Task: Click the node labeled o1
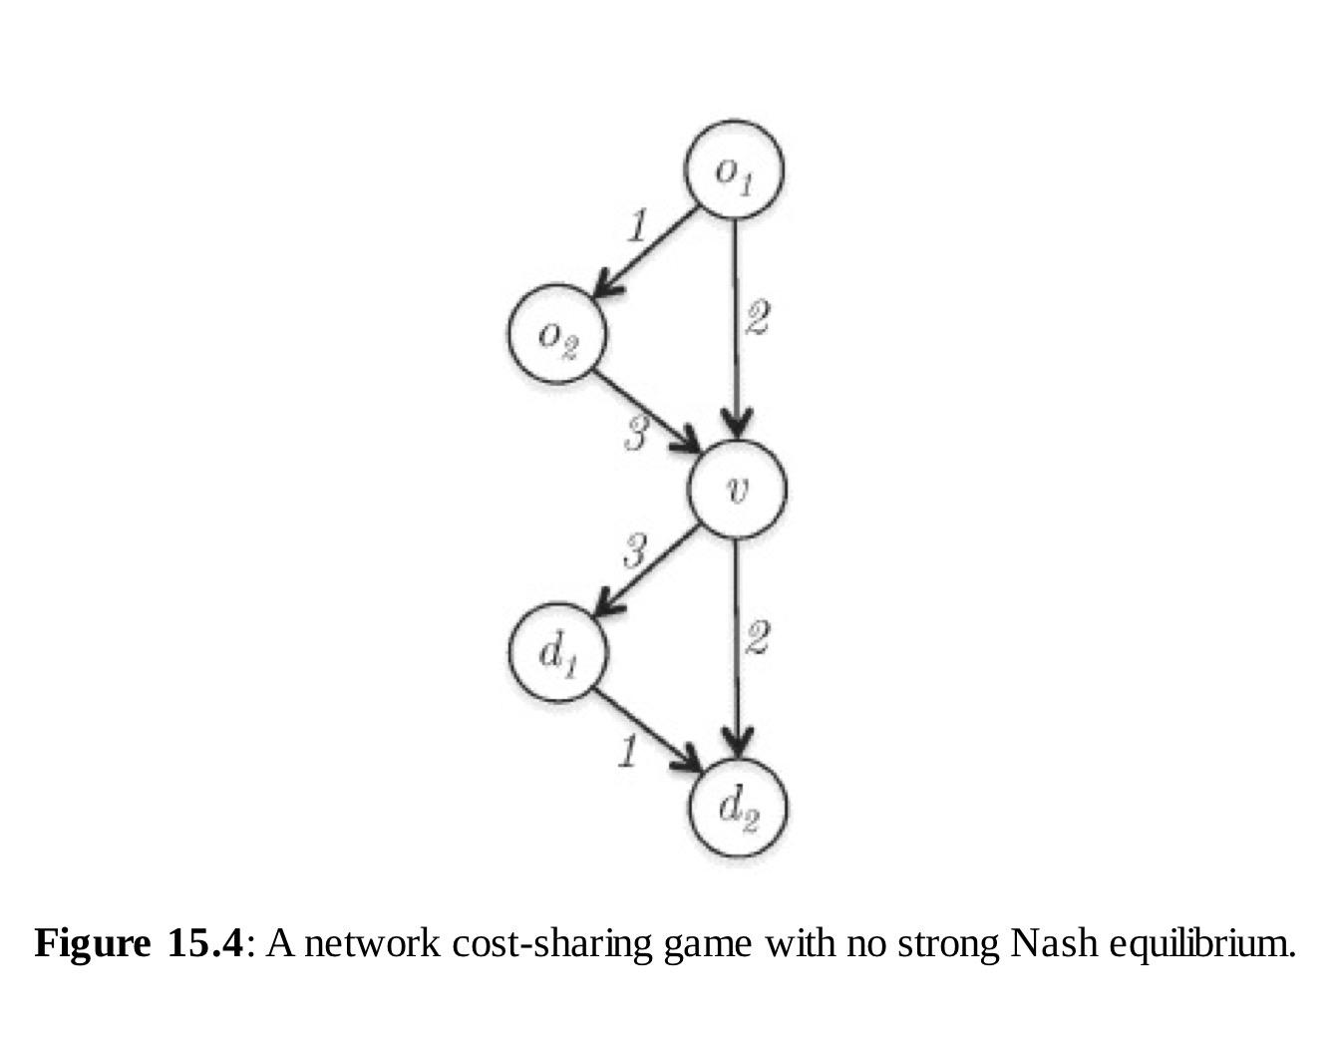pyautogui.click(x=734, y=170)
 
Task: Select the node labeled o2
pyautogui.click(x=557, y=336)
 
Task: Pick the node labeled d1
pyautogui.click(x=556, y=652)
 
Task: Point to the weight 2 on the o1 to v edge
pyautogui.click(x=757, y=319)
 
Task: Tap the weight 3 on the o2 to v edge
pyautogui.click(x=636, y=434)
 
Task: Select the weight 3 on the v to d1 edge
pyautogui.click(x=635, y=549)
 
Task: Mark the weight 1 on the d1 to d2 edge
pyautogui.click(x=626, y=750)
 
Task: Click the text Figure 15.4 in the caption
pyautogui.click(x=139, y=942)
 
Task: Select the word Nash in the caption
pyautogui.click(x=1046, y=942)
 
